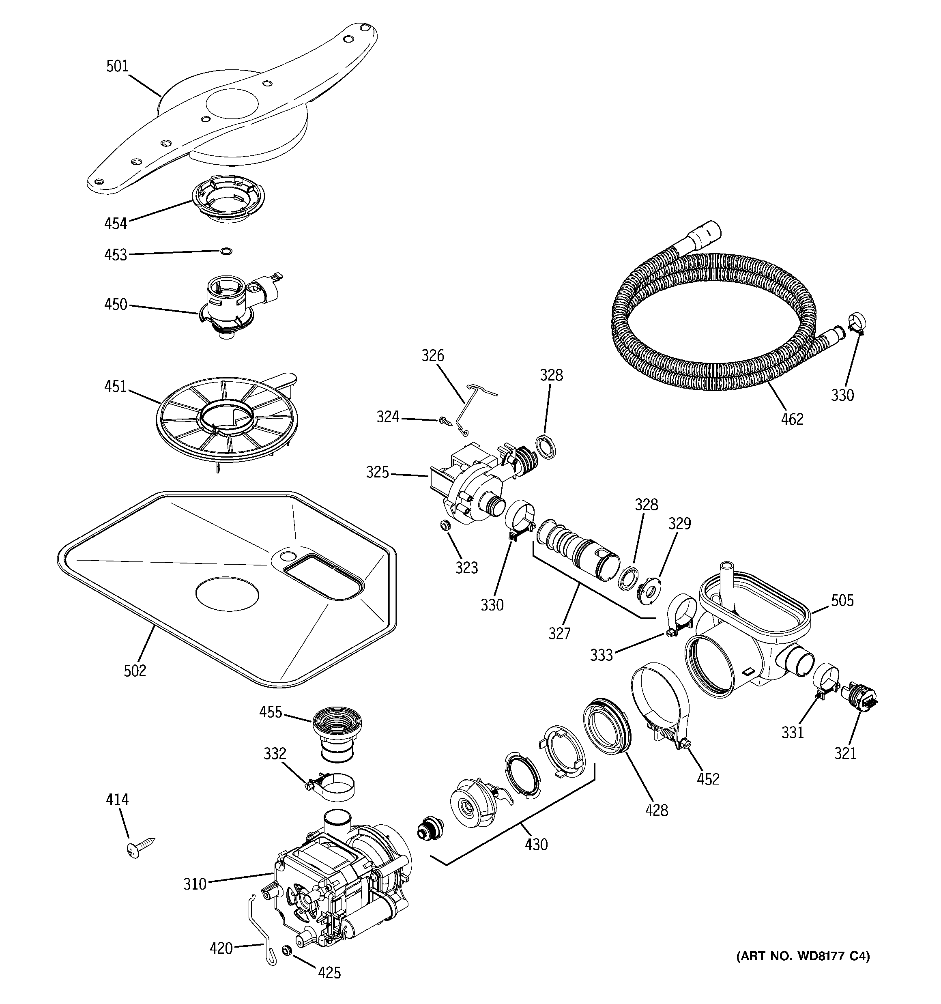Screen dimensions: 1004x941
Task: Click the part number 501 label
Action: [117, 66]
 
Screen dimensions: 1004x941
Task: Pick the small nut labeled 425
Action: [287, 950]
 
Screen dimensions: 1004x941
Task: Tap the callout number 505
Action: [842, 600]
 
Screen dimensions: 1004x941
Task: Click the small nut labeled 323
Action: [445, 526]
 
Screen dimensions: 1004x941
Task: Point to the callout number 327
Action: [559, 633]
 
